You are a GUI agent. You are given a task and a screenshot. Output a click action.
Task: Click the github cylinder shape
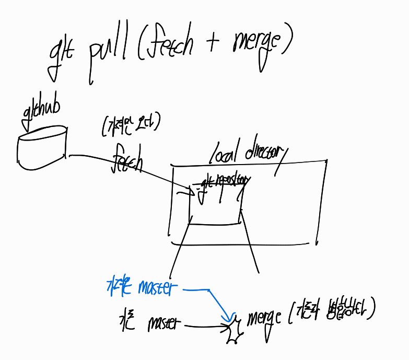click(x=41, y=149)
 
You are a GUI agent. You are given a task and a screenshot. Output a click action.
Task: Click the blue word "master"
click(x=154, y=288)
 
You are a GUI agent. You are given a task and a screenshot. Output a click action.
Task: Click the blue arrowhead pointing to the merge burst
click(x=227, y=317)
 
